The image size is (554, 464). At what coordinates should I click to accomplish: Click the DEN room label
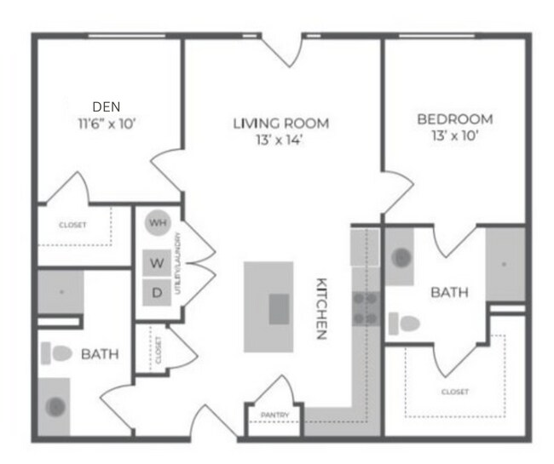(x=107, y=106)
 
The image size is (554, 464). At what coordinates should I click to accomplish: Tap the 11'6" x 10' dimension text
(x=107, y=123)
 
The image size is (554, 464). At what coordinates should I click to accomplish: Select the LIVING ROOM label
(x=280, y=123)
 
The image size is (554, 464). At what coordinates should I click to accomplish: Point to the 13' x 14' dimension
(x=280, y=140)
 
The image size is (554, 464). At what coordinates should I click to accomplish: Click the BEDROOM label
(x=455, y=118)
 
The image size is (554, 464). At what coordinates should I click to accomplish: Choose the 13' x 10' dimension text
(x=455, y=135)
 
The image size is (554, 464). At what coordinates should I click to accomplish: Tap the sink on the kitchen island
(x=279, y=308)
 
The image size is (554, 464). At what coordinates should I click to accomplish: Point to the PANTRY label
(x=274, y=415)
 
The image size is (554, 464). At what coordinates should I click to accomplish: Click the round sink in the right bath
(x=400, y=256)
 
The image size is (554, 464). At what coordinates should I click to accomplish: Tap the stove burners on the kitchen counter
(x=366, y=308)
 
